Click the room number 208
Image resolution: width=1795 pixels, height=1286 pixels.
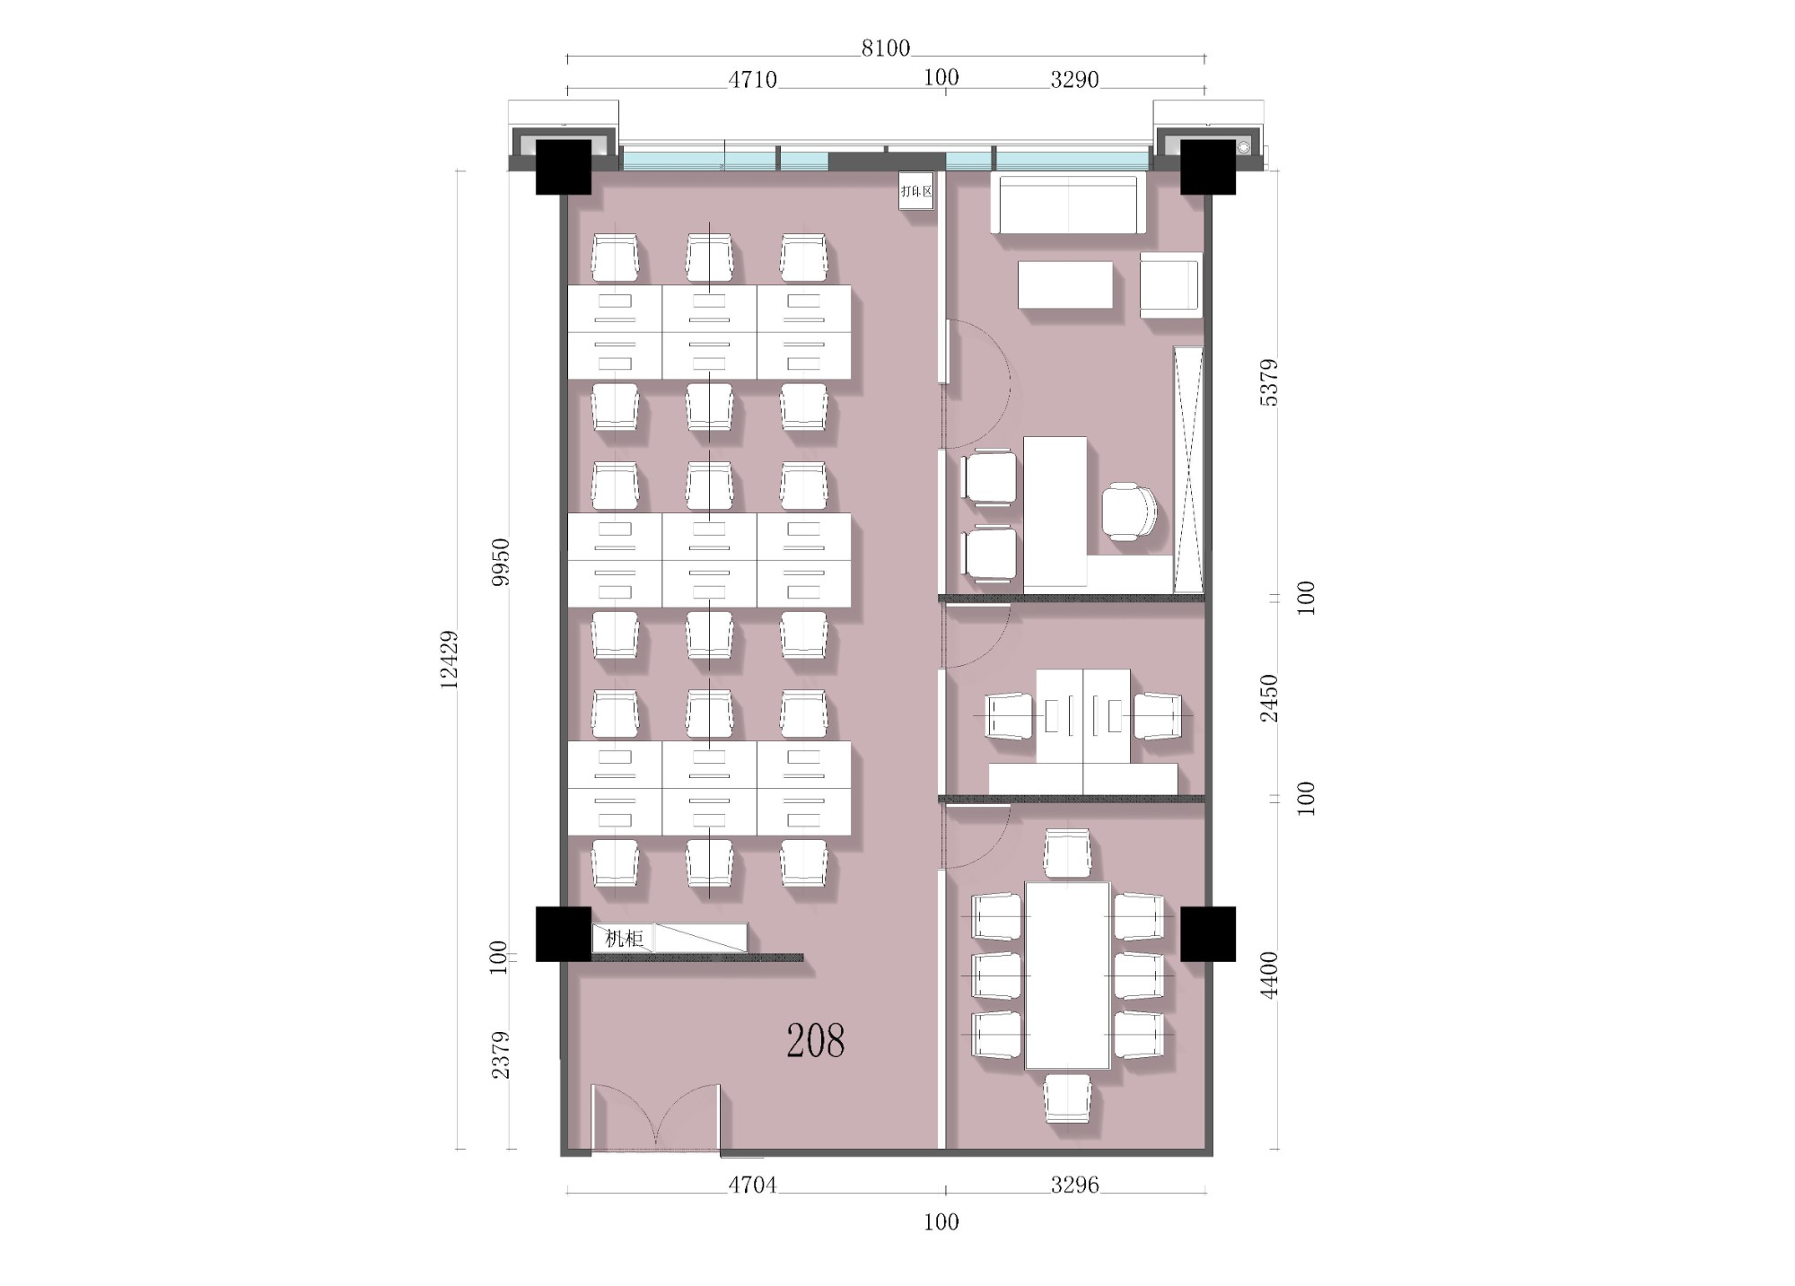point(815,1040)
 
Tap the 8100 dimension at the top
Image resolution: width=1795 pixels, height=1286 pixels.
point(886,48)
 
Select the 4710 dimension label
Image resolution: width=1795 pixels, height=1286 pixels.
point(752,80)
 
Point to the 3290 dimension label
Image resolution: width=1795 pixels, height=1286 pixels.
point(1074,80)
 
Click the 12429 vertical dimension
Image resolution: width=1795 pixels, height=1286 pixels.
point(449,660)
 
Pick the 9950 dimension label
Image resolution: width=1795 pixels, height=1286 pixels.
point(501,563)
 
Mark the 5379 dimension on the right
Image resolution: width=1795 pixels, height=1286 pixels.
point(1269,382)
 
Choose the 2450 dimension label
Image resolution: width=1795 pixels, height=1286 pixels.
point(1269,698)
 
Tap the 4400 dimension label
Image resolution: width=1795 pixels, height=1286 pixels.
point(1269,975)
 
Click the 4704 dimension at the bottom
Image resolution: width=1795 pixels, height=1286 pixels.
point(752,1185)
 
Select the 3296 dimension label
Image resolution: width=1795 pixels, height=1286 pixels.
point(1074,1185)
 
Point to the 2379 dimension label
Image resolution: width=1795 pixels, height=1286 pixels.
point(501,1054)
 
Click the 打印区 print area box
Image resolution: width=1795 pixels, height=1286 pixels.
point(916,191)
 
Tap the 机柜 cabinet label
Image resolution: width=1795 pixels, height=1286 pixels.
point(625,939)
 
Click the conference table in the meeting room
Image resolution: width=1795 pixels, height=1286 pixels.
point(1068,975)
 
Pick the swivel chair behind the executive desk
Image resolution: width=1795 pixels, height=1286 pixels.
point(1129,512)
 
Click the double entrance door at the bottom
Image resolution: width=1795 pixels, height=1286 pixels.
point(656,1117)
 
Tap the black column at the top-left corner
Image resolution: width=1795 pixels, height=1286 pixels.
point(564,167)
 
